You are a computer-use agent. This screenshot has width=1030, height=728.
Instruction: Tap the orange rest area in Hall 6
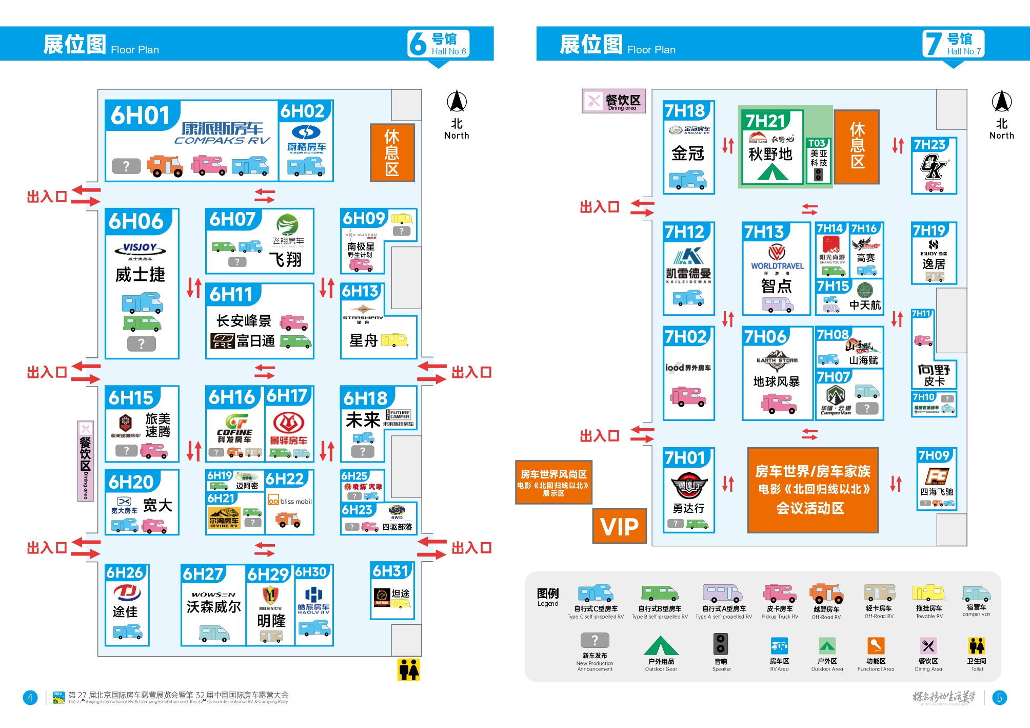tap(392, 152)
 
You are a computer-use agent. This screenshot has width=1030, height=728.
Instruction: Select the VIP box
tap(619, 526)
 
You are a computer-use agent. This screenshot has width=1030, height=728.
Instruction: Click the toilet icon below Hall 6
tap(409, 669)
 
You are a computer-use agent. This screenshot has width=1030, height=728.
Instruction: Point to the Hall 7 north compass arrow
tap(1001, 102)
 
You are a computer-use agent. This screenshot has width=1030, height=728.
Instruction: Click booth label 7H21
tap(765, 121)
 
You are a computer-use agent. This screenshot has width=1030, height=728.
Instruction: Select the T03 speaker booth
tap(818, 161)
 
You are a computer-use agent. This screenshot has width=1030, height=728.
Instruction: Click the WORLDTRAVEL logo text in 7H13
tap(777, 266)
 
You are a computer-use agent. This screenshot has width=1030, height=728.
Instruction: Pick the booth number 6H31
tap(390, 571)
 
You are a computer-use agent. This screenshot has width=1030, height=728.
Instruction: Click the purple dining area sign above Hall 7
tap(613, 101)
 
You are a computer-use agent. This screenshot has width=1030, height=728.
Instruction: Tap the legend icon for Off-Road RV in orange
tap(826, 594)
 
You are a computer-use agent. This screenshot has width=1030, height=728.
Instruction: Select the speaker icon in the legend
tap(721, 644)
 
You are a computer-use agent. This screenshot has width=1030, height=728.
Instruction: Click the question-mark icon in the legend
tap(595, 640)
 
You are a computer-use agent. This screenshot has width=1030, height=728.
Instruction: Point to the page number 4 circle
tap(30, 698)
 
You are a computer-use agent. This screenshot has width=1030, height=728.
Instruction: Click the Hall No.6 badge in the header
tap(439, 44)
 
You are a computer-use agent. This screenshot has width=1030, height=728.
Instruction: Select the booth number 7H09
tap(934, 455)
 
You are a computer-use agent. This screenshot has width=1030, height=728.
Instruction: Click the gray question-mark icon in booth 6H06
tap(141, 343)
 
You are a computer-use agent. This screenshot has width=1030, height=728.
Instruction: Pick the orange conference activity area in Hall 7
tap(813, 489)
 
